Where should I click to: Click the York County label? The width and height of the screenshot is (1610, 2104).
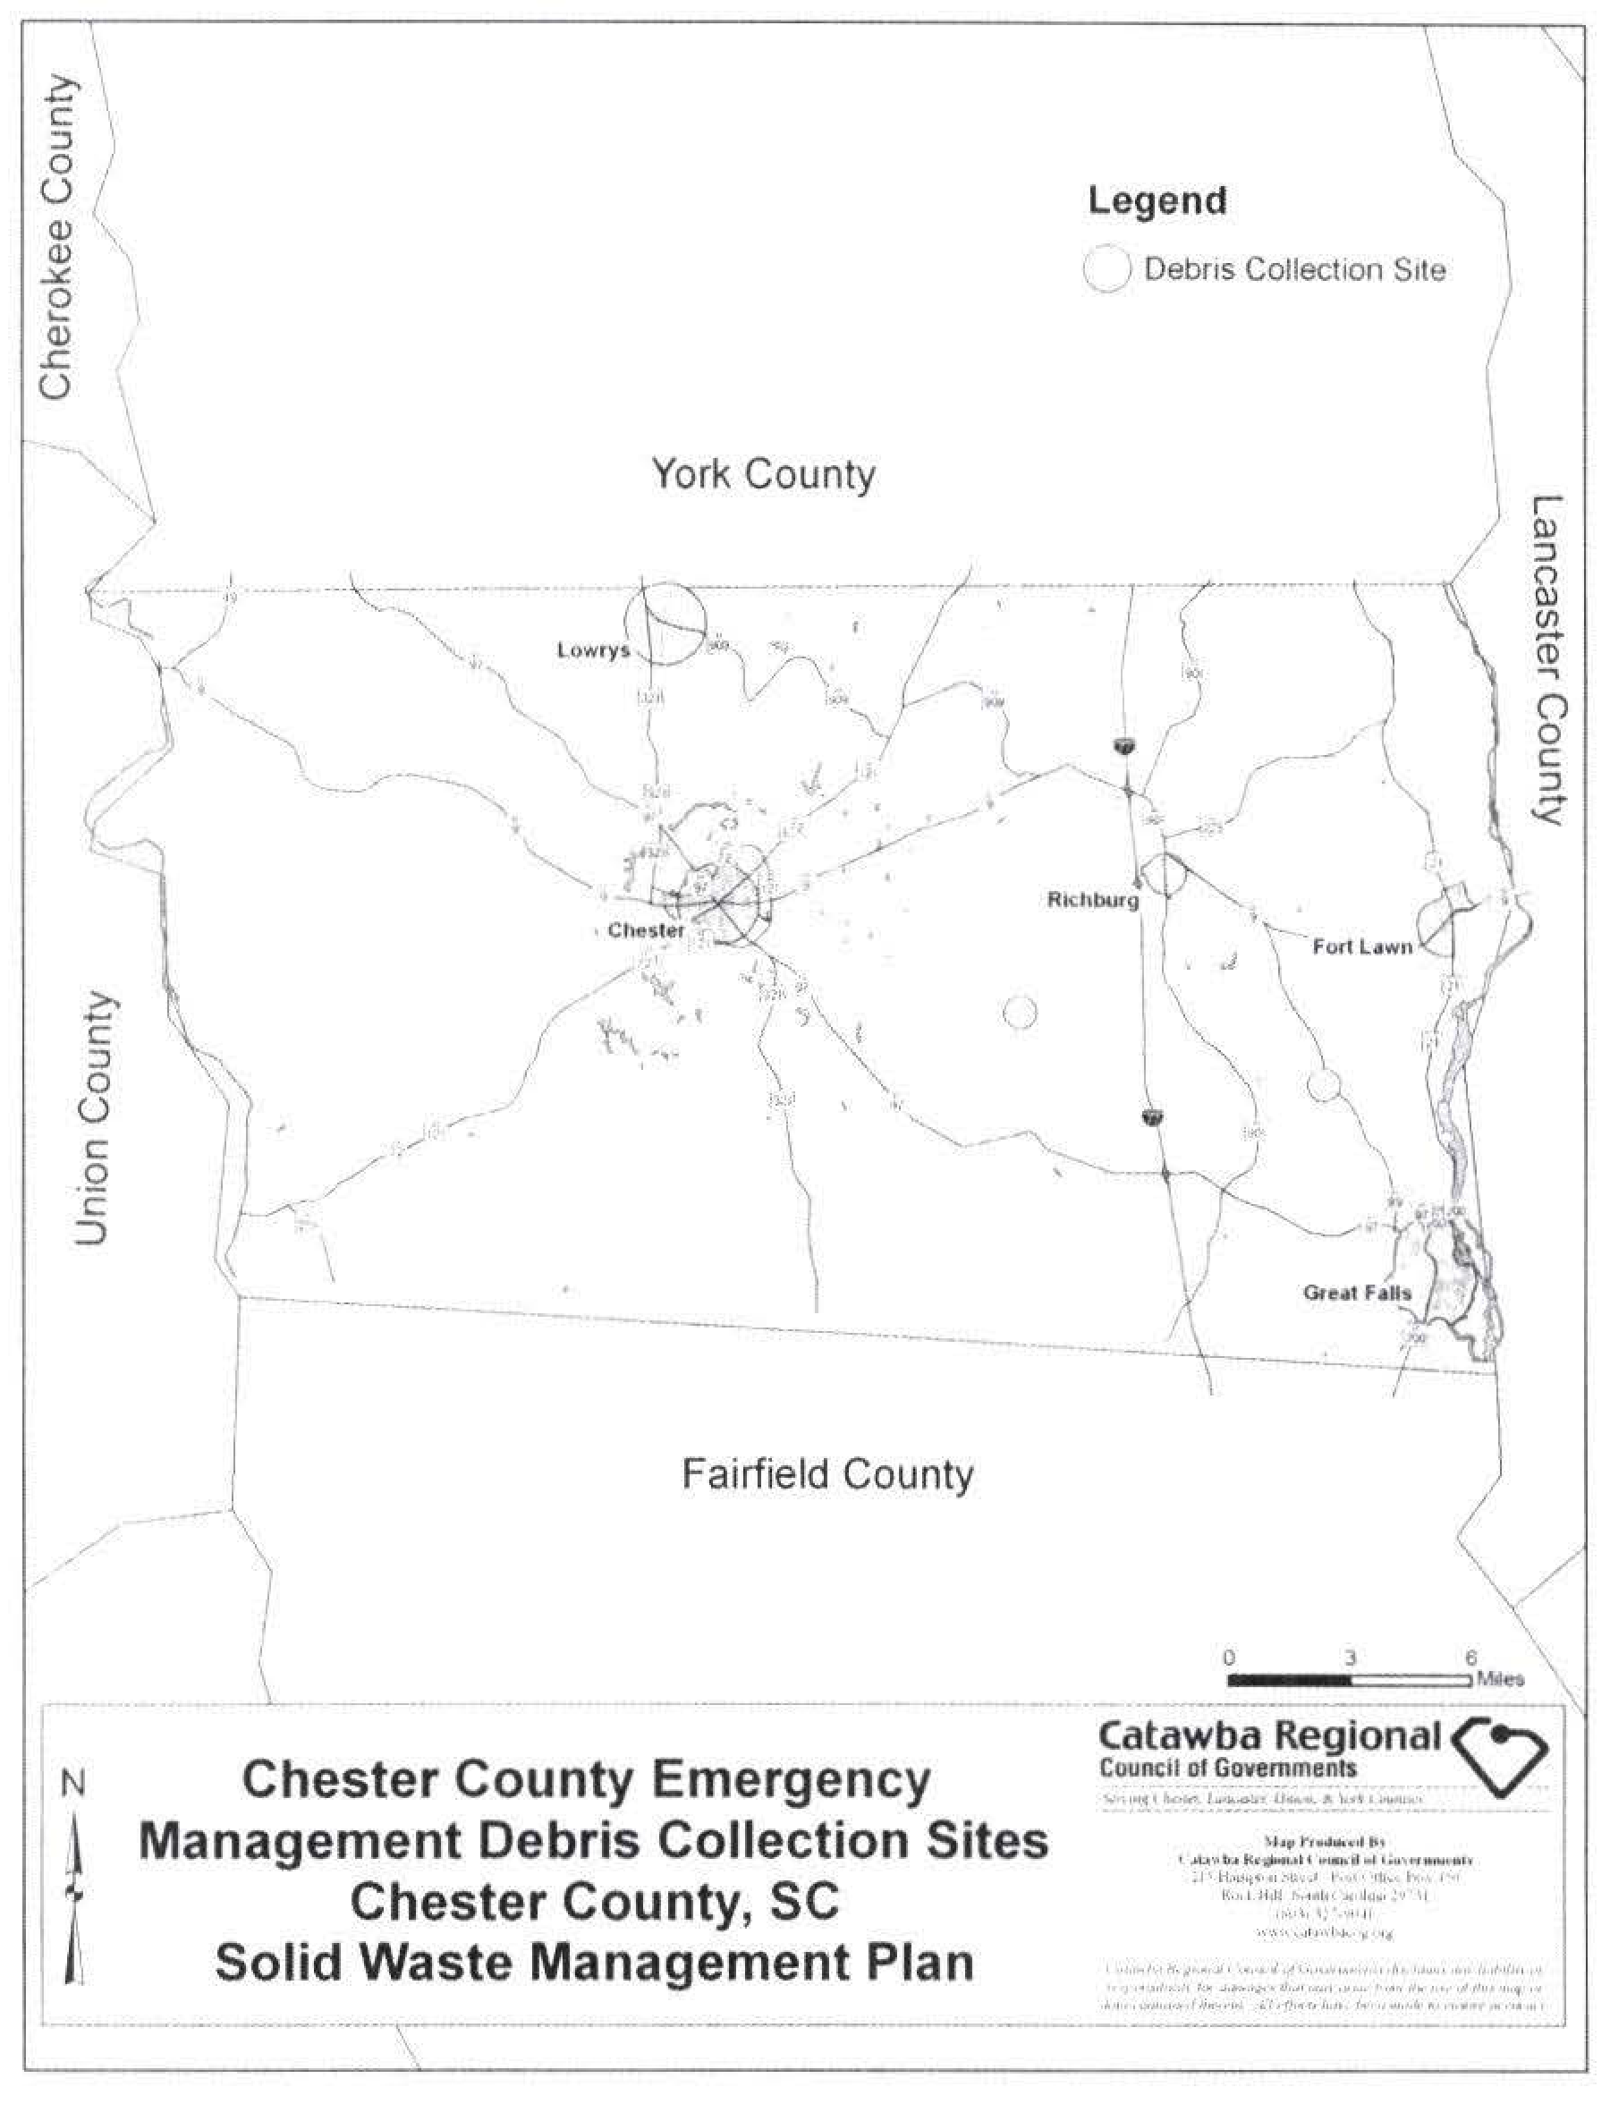click(x=763, y=474)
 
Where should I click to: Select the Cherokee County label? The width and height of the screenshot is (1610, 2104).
click(x=55, y=237)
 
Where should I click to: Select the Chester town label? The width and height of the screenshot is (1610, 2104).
click(x=646, y=929)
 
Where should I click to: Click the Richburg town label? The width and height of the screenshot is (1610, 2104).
click(x=1092, y=900)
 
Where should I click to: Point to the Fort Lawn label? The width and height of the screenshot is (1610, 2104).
click(x=1361, y=947)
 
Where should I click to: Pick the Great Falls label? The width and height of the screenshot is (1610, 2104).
click(x=1356, y=1292)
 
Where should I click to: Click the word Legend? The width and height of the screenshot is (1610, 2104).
click(x=1157, y=201)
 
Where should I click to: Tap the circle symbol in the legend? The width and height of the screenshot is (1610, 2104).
click(x=1107, y=268)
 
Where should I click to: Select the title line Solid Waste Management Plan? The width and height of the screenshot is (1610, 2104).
click(x=594, y=1962)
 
